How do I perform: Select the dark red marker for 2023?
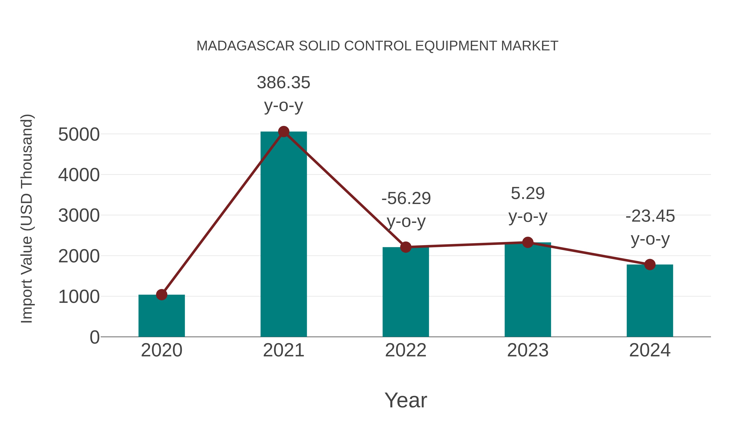528,243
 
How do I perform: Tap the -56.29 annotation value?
406,198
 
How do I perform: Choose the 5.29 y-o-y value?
528,193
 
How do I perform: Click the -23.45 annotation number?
650,216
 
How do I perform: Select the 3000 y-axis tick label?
79,216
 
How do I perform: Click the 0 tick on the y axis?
94,337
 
